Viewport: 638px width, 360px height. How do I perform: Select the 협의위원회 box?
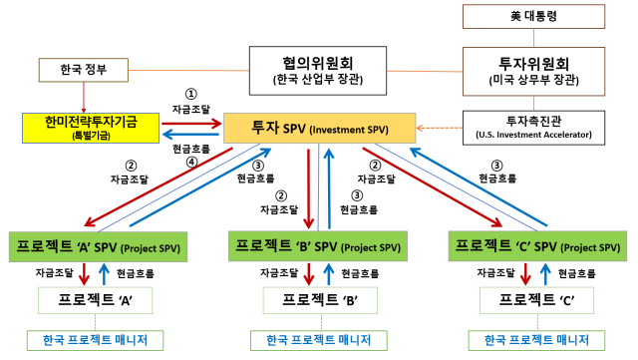tap(317, 69)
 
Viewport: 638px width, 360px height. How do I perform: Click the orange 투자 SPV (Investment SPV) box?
tap(319, 128)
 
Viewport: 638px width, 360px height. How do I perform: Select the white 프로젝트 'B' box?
tap(317, 297)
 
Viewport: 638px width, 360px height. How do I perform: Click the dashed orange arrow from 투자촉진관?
tap(440, 128)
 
